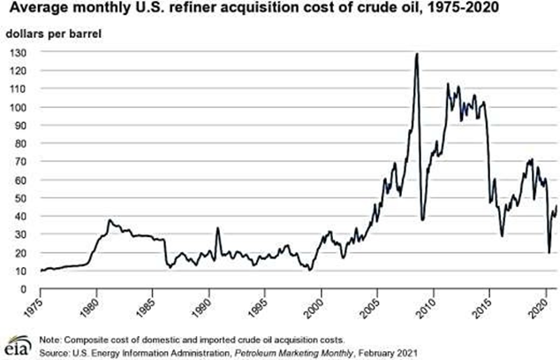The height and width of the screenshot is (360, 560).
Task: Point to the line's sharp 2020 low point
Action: [x=549, y=253]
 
